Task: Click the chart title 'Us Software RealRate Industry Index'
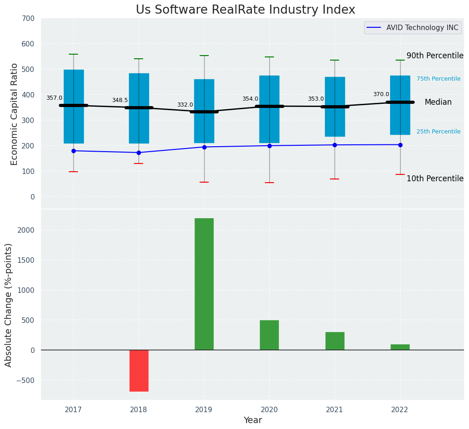click(245, 10)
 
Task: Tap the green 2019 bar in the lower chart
click(204, 284)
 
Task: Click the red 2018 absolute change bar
click(139, 370)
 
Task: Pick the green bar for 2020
click(269, 335)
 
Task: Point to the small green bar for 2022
click(400, 347)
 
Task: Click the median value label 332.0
click(185, 105)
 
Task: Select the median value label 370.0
click(381, 94)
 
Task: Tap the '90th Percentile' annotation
click(435, 56)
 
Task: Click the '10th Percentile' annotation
click(435, 179)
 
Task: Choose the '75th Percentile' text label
click(438, 79)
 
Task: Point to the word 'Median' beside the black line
click(438, 102)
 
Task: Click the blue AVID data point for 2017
click(73, 151)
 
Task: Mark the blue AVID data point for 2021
click(335, 145)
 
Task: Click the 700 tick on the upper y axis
click(28, 19)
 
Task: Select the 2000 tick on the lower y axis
click(25, 230)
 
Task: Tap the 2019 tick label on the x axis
click(204, 410)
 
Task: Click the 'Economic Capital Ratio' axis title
click(15, 114)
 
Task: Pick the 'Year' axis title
click(253, 420)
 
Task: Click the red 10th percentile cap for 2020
click(269, 183)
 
